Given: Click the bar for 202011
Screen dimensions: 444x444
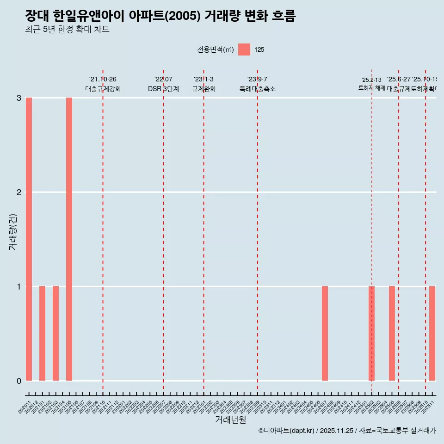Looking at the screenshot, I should pos(29,239).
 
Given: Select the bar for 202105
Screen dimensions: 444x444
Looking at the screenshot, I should pos(69,239).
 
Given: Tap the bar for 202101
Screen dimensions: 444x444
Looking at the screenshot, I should pos(42,333).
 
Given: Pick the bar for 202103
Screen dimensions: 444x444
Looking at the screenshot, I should pos(55,333).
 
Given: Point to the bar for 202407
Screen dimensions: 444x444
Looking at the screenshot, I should pos(325,333).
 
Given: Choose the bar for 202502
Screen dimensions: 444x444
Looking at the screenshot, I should pos(371,333).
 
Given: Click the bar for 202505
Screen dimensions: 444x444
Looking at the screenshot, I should pos(392,333).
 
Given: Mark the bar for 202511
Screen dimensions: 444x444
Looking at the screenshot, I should pos(432,333).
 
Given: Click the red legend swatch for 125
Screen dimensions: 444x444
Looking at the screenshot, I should pos(244,49).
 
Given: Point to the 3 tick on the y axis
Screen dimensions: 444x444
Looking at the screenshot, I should pos(19,98).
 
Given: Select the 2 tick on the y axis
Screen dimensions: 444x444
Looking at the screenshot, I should pos(19,192).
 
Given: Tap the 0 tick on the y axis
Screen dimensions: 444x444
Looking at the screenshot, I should pos(19,381).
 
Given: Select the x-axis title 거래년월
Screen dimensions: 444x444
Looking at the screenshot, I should pos(230,419).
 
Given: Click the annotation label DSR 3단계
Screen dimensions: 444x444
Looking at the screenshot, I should pos(163,89).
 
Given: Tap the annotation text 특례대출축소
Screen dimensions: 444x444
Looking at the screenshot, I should pos(257,89).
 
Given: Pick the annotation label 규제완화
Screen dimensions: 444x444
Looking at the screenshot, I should pos(203,89).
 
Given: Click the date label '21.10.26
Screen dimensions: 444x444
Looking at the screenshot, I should pos(103,80).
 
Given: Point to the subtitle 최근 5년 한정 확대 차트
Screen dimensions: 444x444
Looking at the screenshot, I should pos(67,30).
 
